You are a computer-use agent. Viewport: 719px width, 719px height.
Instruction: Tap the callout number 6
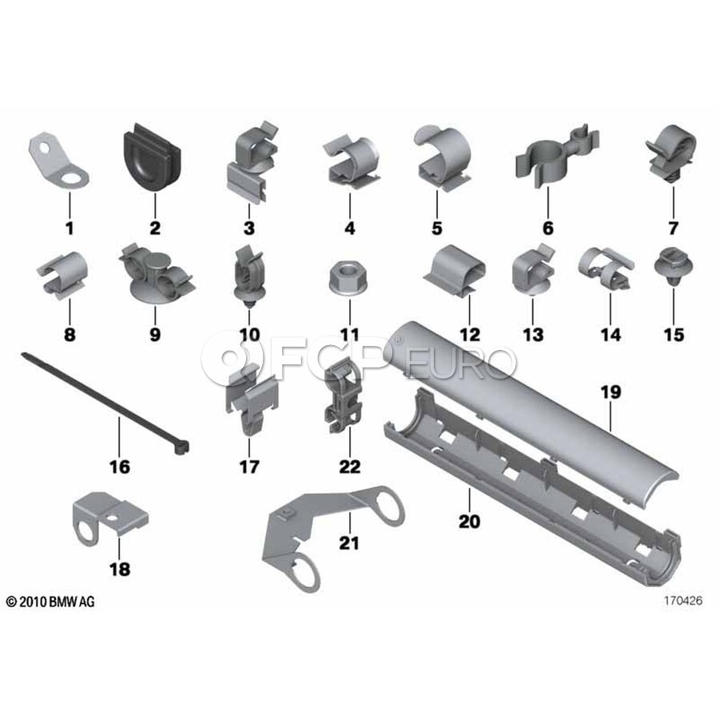pyautogui.click(x=548, y=228)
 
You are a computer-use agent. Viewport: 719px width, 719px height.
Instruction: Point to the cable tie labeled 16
pyautogui.click(x=105, y=403)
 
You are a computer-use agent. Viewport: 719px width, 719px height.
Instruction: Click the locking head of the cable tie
pyautogui.click(x=181, y=447)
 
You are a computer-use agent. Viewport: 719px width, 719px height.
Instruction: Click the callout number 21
pyautogui.click(x=349, y=543)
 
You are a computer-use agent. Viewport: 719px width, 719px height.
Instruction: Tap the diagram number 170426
pyautogui.click(x=683, y=600)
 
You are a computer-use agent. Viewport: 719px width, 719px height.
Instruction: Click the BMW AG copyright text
pyautogui.click(x=50, y=601)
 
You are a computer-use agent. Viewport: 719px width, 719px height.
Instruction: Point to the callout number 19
pyautogui.click(x=611, y=392)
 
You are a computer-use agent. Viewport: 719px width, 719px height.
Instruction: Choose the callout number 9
pyautogui.click(x=155, y=334)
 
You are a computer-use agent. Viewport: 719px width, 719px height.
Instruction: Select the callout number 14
pyautogui.click(x=611, y=334)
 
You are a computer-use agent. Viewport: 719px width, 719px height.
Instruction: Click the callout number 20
pyautogui.click(x=469, y=522)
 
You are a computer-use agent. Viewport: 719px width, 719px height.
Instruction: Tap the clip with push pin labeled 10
pyautogui.click(x=249, y=276)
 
